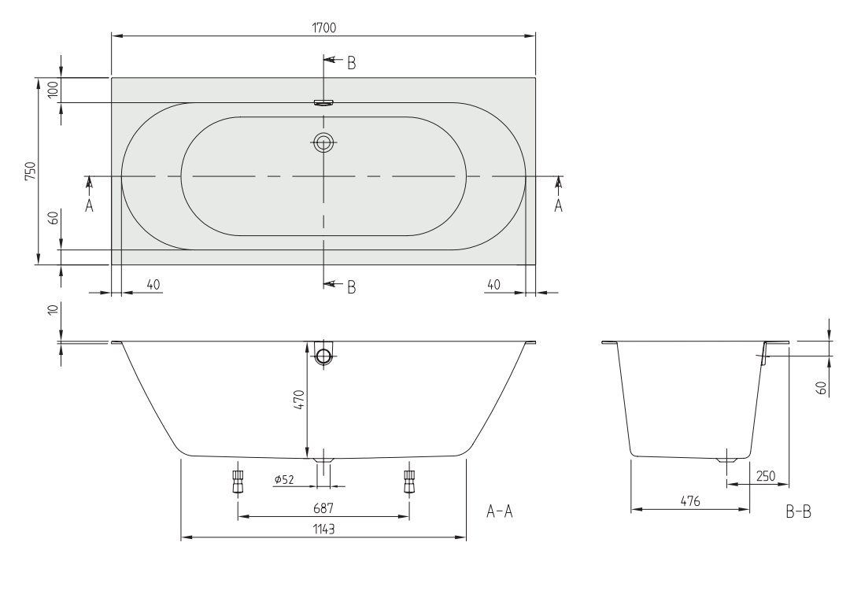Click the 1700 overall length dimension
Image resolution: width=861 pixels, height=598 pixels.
tap(324, 28)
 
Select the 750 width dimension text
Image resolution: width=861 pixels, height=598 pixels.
tap(30, 172)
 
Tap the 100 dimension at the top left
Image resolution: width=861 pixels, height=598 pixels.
tap(53, 90)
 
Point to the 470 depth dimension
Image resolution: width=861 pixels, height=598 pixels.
tap(299, 399)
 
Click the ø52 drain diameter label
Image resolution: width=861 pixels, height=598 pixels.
tap(284, 479)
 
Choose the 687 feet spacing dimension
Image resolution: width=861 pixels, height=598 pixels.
tap(323, 508)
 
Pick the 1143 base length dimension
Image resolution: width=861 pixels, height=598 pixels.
tap(324, 530)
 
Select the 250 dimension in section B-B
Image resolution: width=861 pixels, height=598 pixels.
tap(766, 476)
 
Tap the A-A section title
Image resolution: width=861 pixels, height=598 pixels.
tap(500, 511)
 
